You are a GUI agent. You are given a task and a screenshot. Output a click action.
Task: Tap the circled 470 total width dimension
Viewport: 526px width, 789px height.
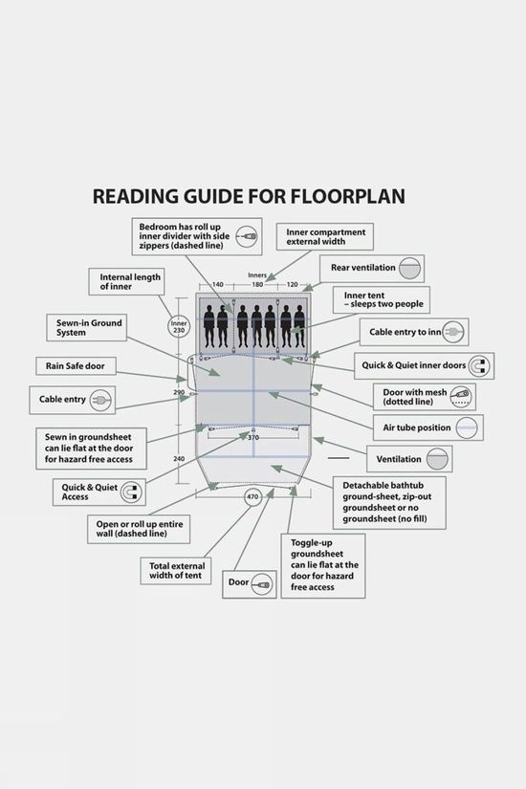pyautogui.click(x=252, y=496)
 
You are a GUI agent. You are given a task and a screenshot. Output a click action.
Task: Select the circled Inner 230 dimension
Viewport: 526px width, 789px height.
pyautogui.click(x=179, y=327)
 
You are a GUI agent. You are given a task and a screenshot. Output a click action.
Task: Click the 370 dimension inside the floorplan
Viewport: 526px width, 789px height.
pyautogui.click(x=253, y=438)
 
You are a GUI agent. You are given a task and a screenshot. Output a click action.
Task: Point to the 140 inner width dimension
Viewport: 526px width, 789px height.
pyautogui.click(x=217, y=285)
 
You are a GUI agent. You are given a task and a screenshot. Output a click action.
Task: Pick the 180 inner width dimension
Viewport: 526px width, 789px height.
pyautogui.click(x=257, y=285)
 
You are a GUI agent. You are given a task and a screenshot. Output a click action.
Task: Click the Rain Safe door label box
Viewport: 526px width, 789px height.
pyautogui.click(x=76, y=366)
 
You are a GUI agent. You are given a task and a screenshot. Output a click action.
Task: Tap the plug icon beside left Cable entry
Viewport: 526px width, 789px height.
pyautogui.click(x=100, y=401)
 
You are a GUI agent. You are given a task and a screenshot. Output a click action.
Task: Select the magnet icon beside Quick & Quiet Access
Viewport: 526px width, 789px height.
pyautogui.click(x=132, y=493)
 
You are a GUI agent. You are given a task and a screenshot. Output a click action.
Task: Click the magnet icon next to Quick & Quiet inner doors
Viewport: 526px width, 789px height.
pyautogui.click(x=479, y=366)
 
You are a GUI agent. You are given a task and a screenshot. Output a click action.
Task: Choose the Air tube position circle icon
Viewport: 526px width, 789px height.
pyautogui.click(x=467, y=427)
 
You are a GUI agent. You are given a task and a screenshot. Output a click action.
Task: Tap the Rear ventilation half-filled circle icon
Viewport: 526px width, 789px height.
pyautogui.click(x=409, y=268)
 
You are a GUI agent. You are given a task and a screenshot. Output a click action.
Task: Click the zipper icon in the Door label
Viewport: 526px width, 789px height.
pyautogui.click(x=262, y=584)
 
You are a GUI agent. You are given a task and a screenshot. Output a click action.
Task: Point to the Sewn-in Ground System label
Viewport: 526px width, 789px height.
pyautogui.click(x=87, y=328)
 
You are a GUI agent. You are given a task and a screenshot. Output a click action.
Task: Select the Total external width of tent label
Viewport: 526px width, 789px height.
pyautogui.click(x=176, y=571)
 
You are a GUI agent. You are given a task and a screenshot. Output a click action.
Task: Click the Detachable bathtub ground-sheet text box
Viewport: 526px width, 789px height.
pyautogui.click(x=389, y=502)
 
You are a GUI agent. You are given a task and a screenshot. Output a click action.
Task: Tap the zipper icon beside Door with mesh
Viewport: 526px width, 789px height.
pyautogui.click(x=460, y=397)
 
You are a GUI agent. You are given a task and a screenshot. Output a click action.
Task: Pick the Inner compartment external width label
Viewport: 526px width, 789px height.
pyautogui.click(x=325, y=237)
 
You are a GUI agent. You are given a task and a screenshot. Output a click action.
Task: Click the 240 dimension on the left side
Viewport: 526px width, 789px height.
pyautogui.click(x=179, y=459)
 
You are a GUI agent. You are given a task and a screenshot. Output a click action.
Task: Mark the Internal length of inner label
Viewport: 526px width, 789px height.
pyautogui.click(x=126, y=282)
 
